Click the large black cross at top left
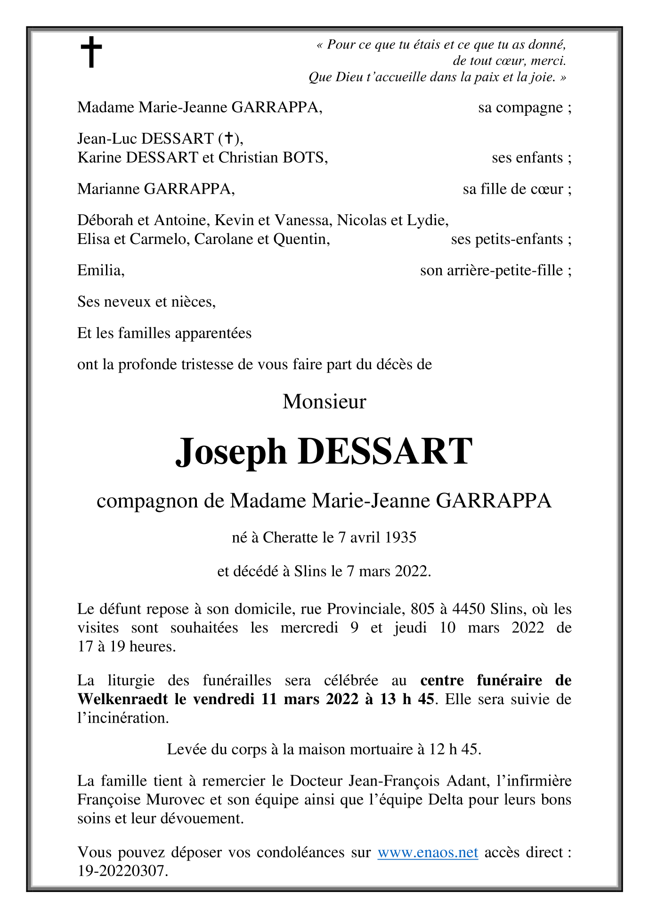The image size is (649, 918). (x=91, y=52)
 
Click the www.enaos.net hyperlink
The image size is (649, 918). (x=428, y=852)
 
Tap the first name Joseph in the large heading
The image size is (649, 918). (x=231, y=451)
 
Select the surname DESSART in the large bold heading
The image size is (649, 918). (x=384, y=451)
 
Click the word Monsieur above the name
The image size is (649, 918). (x=324, y=402)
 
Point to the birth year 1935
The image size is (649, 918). (x=400, y=537)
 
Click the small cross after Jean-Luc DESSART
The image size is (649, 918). (x=228, y=138)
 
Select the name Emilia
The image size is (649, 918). (x=100, y=270)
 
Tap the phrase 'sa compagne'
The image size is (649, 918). (x=521, y=108)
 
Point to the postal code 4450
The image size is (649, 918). (x=468, y=609)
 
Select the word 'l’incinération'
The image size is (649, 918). (x=122, y=718)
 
